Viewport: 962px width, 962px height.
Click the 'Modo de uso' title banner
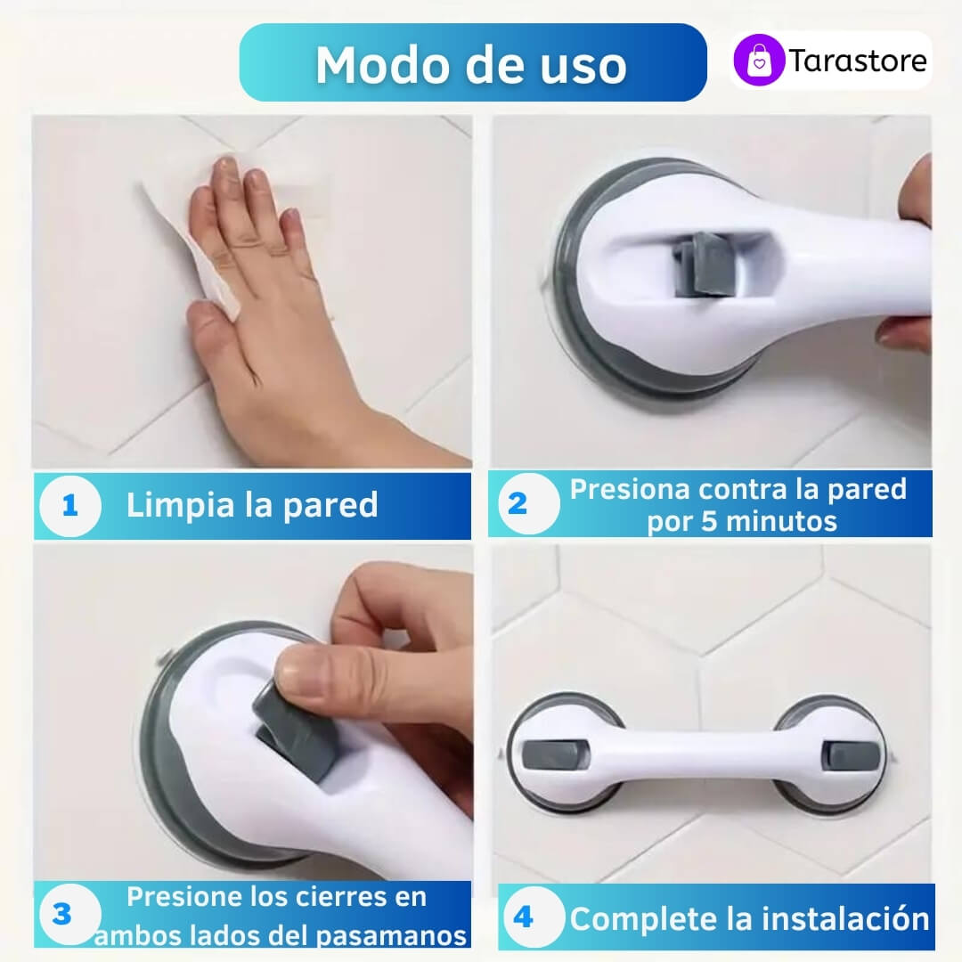coord(472,62)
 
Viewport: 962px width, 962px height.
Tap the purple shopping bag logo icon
coord(759,60)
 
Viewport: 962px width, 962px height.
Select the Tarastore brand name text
coord(858,61)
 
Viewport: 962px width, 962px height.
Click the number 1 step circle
coord(70,506)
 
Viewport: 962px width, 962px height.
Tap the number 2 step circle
coord(528,503)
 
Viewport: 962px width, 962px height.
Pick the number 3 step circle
coord(70,914)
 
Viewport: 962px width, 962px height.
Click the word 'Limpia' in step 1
coord(180,506)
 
